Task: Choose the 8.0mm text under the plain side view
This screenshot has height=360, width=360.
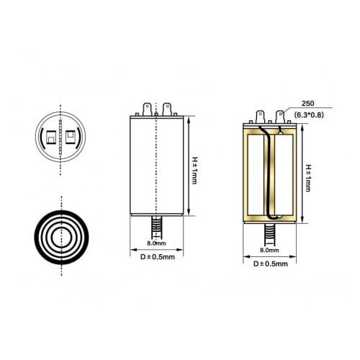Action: [156, 243]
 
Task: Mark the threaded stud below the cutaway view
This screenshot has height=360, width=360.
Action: [269, 235]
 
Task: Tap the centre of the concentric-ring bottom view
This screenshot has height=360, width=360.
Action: [60, 237]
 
